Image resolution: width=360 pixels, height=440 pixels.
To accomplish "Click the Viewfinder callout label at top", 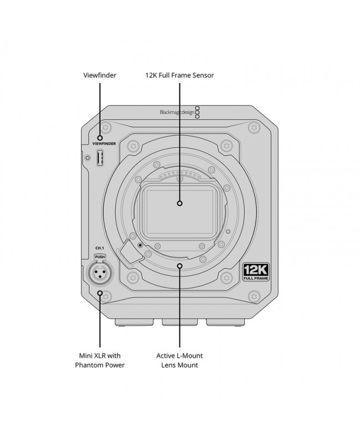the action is (x=100, y=75).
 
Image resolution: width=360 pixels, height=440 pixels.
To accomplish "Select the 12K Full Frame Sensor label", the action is (x=179, y=75).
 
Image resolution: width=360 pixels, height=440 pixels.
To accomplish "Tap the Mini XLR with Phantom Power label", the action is (x=100, y=360).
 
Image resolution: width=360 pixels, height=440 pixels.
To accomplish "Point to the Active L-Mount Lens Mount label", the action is (x=179, y=360).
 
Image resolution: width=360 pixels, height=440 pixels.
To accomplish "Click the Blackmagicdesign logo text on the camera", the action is (x=177, y=112).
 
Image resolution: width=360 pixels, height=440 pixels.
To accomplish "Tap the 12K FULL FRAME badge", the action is (x=256, y=272).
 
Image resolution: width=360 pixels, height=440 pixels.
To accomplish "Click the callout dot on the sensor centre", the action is (x=179, y=203).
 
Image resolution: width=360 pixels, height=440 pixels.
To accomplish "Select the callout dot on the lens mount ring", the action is (x=179, y=265).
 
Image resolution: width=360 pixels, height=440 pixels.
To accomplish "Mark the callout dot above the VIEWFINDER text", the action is (x=100, y=138).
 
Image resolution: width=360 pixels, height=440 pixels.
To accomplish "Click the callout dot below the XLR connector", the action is (x=100, y=293).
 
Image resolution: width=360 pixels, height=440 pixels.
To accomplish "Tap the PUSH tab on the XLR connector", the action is (x=100, y=257).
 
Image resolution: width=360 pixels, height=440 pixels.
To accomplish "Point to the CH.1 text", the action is (x=100, y=248).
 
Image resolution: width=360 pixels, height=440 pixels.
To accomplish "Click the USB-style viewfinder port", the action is (x=100, y=158).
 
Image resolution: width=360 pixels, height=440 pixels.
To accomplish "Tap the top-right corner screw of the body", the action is (x=254, y=127).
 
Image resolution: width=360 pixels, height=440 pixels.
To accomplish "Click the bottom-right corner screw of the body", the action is (x=254, y=296).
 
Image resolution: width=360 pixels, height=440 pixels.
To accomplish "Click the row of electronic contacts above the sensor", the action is (x=179, y=175).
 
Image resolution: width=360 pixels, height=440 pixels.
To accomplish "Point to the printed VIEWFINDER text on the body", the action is (x=104, y=144).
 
